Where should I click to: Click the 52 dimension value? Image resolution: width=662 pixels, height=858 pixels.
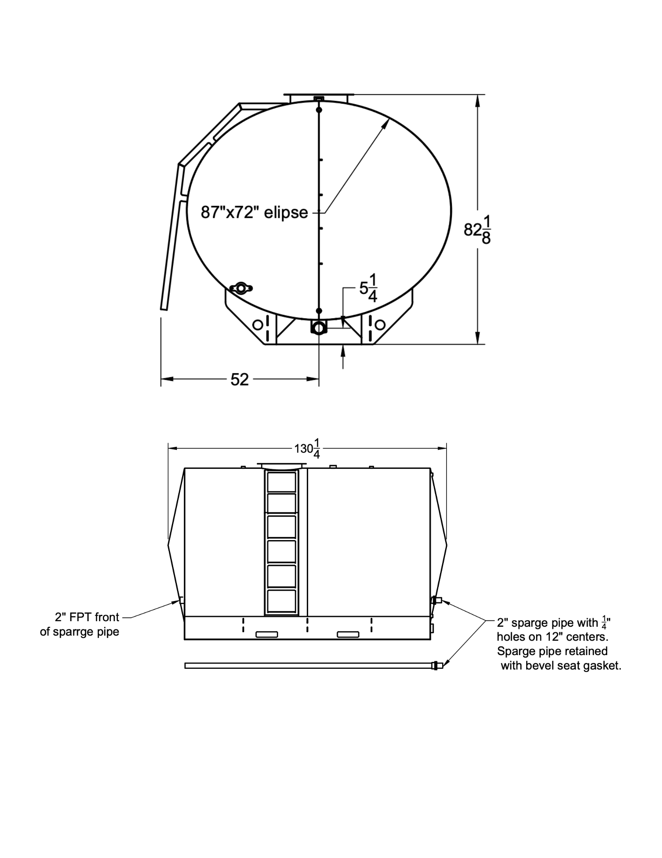tap(240, 379)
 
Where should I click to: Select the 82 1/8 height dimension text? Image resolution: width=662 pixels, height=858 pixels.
tap(477, 230)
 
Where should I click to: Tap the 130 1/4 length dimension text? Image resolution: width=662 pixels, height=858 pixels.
tap(307, 448)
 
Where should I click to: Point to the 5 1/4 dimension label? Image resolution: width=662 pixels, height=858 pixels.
tap(368, 288)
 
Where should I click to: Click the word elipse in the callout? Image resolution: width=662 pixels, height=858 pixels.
tap(286, 212)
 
